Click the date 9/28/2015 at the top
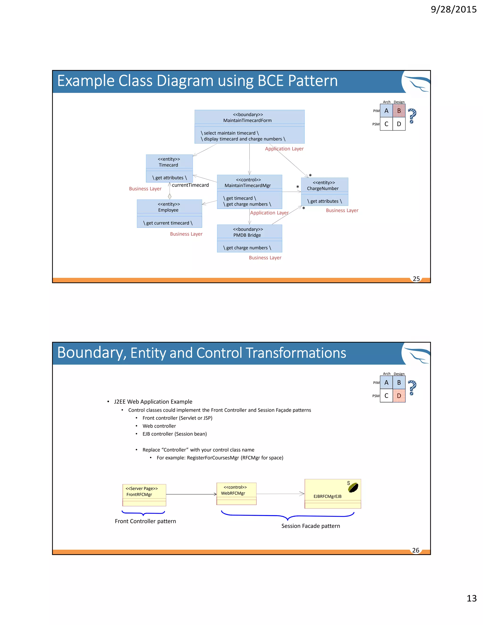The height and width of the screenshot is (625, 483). pos(454,9)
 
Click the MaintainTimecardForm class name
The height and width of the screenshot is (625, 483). pos(247,121)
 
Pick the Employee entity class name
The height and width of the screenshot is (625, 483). pos(168,210)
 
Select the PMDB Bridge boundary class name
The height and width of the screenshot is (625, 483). pos(247,235)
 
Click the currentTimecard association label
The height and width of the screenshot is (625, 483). pos(190,185)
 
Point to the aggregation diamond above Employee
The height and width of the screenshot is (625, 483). pos(169,196)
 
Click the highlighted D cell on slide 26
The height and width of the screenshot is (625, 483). pos(399,396)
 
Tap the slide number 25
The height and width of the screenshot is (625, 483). pos(416,279)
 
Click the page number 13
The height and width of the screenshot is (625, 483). pos(471,598)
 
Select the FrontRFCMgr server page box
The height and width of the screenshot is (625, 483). pos(144,495)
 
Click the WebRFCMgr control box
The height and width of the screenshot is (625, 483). pos(236,493)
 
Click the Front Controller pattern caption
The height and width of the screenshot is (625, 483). pos(145,521)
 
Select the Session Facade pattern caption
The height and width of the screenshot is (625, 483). pos(310,526)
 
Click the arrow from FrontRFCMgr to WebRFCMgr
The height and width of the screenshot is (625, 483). pos(191,494)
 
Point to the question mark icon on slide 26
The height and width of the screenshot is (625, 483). pos(412,388)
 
